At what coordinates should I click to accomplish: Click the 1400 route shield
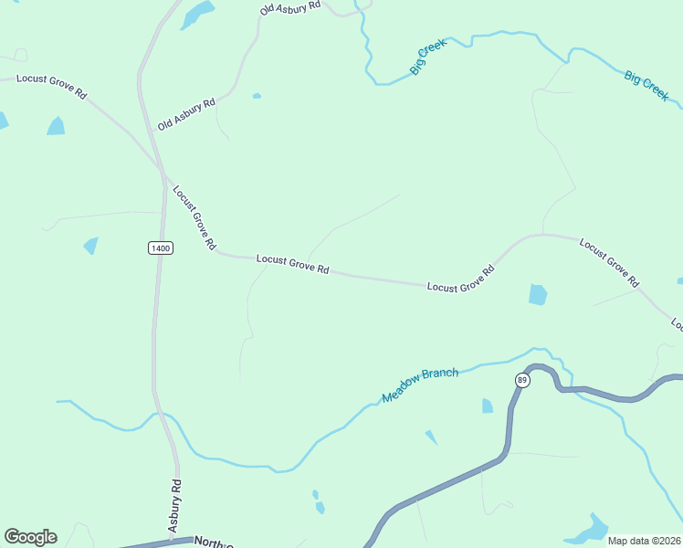[160, 248]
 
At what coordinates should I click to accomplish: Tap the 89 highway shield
[521, 380]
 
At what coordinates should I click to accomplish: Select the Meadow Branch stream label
[420, 385]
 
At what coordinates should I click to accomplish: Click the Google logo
[30, 537]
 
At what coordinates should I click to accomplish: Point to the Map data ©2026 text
[645, 541]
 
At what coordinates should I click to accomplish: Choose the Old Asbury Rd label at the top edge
[290, 7]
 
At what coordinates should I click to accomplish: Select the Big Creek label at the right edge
[646, 84]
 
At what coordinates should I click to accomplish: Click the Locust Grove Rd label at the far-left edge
[51, 87]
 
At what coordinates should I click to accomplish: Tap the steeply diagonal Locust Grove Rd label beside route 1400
[194, 218]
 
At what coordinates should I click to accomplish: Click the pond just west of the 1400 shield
[90, 245]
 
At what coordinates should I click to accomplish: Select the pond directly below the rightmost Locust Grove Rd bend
[538, 294]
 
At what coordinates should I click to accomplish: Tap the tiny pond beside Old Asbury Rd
[257, 96]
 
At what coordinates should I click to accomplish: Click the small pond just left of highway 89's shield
[487, 406]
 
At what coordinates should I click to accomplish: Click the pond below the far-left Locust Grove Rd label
[57, 126]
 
